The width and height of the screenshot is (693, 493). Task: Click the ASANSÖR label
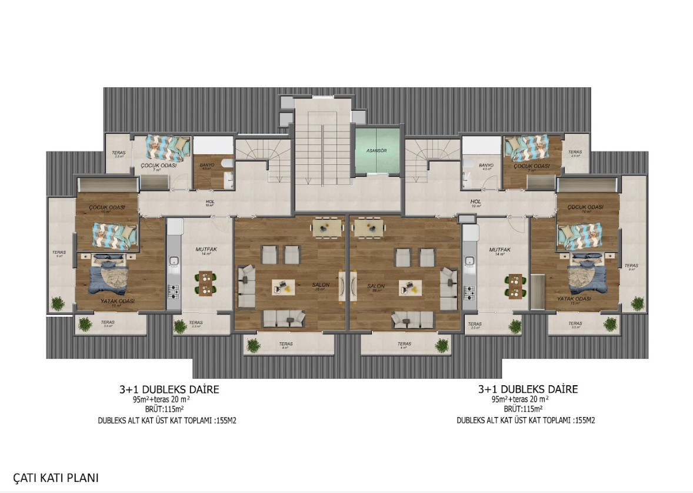tap(376, 151)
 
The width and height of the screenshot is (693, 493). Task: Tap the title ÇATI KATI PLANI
tap(56, 478)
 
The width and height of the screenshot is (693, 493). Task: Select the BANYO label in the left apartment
tap(207, 166)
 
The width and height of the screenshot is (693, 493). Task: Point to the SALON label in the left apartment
tap(321, 286)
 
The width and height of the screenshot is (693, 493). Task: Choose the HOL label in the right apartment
tap(476, 201)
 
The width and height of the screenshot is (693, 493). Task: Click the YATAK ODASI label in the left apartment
tap(118, 301)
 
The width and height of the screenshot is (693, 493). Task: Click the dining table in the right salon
tap(366, 226)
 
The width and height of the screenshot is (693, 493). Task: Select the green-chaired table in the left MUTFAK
tap(205, 283)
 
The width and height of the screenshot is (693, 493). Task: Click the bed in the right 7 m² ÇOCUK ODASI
tap(526, 147)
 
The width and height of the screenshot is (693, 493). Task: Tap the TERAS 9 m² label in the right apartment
tap(631, 266)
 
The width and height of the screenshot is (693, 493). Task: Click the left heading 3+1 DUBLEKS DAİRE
tap(169, 389)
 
